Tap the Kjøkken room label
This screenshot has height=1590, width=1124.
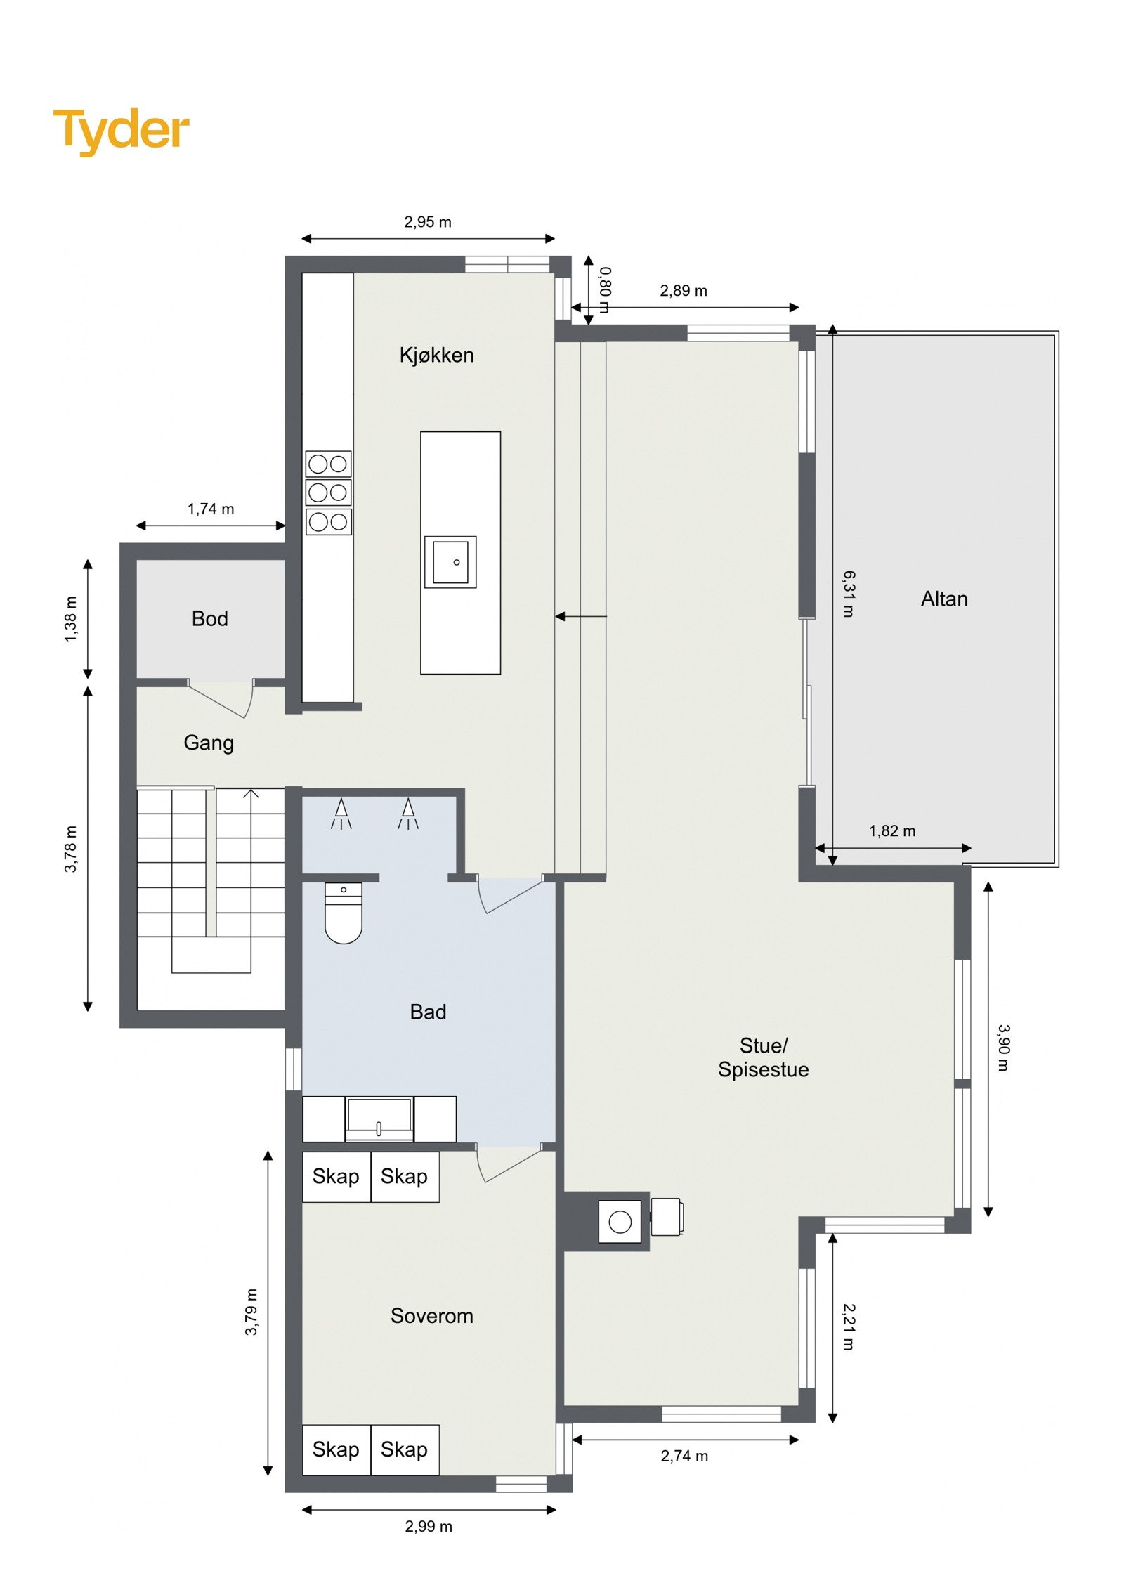point(436,355)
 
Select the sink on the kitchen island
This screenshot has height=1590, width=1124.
point(450,561)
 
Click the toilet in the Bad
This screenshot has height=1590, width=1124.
point(343,914)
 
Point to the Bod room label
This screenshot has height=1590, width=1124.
point(209,618)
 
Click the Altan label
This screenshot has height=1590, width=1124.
point(943,599)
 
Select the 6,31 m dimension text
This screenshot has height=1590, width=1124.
point(849,594)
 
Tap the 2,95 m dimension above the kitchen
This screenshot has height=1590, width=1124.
point(427,222)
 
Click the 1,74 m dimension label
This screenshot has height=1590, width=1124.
point(210,509)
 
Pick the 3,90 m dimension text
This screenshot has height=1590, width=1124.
point(1003,1047)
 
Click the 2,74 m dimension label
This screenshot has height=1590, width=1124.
point(684,1456)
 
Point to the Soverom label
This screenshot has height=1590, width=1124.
point(431,1315)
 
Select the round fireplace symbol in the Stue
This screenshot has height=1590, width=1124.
point(620,1222)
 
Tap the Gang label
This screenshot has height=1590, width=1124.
point(208,743)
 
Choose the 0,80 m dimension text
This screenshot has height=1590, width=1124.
point(605,289)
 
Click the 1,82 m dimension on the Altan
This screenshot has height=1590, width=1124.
point(891,830)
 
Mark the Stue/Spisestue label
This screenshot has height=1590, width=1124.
point(763,1057)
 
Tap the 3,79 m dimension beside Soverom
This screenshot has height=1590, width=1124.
point(251,1312)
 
